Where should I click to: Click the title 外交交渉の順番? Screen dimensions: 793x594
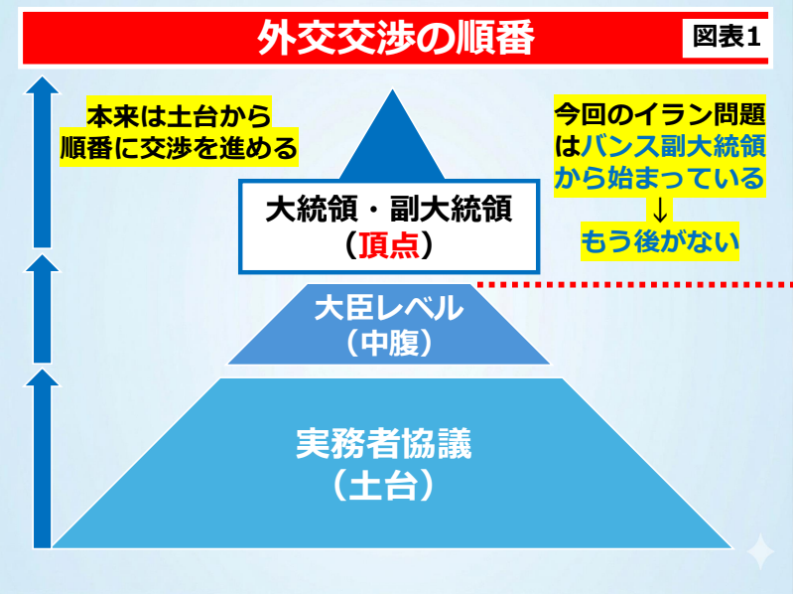tap(396, 38)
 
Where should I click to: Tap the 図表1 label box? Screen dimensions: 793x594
tap(726, 38)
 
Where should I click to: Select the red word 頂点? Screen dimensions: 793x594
tap(389, 245)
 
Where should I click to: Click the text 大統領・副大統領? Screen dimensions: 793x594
tap(389, 209)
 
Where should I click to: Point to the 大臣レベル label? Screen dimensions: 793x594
tap(389, 308)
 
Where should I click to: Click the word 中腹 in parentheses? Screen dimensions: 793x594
tap(389, 343)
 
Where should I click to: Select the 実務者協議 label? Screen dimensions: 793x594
tap(384, 443)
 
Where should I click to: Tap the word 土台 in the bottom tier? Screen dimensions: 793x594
tap(384, 485)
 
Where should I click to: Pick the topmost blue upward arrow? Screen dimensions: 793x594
tap(43, 162)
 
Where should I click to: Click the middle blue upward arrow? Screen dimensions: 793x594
tap(43, 309)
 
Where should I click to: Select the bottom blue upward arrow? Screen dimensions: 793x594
tap(43, 458)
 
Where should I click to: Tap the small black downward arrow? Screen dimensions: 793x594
tap(660, 210)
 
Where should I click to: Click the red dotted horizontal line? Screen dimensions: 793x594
tap(635, 285)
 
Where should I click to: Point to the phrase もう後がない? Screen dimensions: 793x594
tap(659, 241)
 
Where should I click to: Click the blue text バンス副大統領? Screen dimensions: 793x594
tap(673, 147)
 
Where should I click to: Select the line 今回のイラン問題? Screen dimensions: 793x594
tap(660, 114)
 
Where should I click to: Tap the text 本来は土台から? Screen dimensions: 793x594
tap(179, 116)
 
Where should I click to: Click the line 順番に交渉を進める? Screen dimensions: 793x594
tap(179, 148)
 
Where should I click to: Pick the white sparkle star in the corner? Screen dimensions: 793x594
tap(760, 551)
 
